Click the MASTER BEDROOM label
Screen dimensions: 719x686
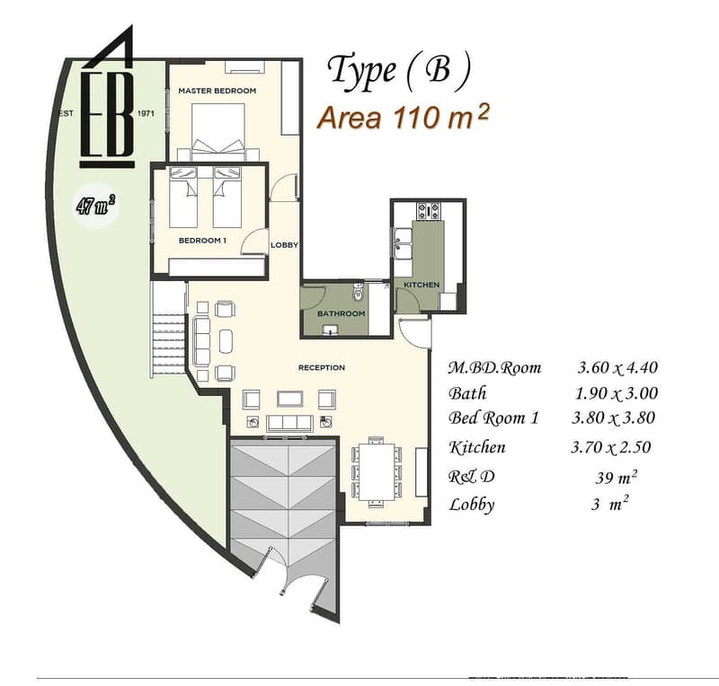pyautogui.click(x=217, y=91)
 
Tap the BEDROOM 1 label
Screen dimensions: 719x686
pyautogui.click(x=202, y=241)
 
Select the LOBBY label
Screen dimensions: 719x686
pyautogui.click(x=284, y=245)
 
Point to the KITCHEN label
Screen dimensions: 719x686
pyautogui.click(x=422, y=285)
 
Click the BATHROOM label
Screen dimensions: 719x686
pyautogui.click(x=342, y=314)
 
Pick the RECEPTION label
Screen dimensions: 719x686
pyautogui.click(x=322, y=367)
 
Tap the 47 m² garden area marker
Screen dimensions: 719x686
pyautogui.click(x=96, y=205)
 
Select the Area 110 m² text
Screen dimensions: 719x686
pyautogui.click(x=404, y=117)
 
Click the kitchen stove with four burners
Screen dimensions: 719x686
pyautogui.click(x=428, y=211)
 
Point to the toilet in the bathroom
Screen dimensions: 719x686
pyautogui.click(x=358, y=293)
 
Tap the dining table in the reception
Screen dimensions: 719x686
pyautogui.click(x=377, y=472)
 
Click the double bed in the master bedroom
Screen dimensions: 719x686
pyautogui.click(x=217, y=131)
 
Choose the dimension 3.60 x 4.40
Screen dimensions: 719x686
pyautogui.click(x=617, y=367)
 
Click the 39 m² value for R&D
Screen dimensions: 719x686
pyautogui.click(x=616, y=477)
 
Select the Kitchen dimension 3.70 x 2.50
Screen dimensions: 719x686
pyautogui.click(x=611, y=447)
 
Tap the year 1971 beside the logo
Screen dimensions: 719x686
pyautogui.click(x=146, y=114)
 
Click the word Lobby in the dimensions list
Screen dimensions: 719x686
pyautogui.click(x=471, y=505)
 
